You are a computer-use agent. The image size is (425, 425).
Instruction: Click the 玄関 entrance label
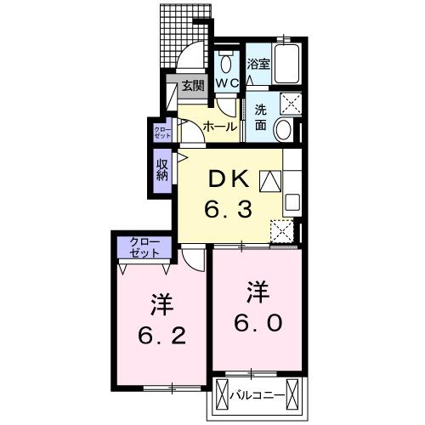[192, 85]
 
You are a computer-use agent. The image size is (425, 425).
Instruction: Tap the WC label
[225, 83]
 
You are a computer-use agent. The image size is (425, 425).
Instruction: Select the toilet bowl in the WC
[226, 63]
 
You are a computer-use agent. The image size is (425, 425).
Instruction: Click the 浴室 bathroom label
[258, 63]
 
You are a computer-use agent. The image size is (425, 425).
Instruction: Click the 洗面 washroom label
[260, 117]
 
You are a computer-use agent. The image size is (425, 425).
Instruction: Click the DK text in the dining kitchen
[228, 179]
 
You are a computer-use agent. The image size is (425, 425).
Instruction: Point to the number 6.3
[227, 208]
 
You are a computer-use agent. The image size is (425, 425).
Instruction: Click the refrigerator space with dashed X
[281, 231]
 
